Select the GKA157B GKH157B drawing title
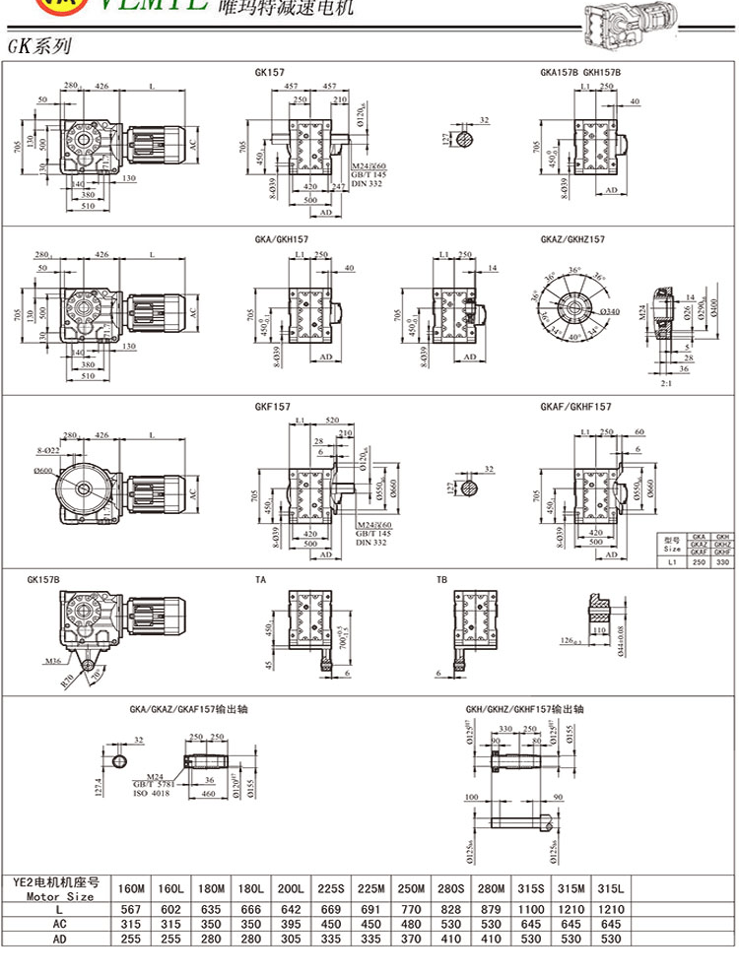click(x=580, y=72)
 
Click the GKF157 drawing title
click(x=271, y=406)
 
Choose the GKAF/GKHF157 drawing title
click(x=575, y=406)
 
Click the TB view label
click(x=441, y=580)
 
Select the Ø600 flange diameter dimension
click(x=43, y=471)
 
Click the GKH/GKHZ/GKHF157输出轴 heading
click(x=525, y=708)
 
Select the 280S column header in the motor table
click(x=451, y=888)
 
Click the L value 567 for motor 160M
click(x=131, y=910)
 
